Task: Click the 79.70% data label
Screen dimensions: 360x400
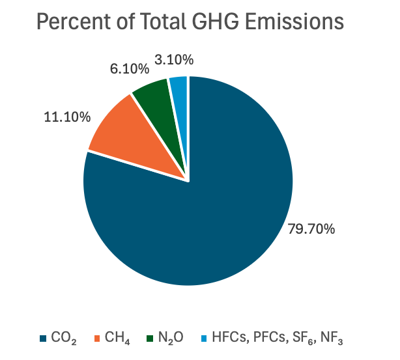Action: (311, 228)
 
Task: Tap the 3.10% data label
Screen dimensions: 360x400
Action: (174, 59)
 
